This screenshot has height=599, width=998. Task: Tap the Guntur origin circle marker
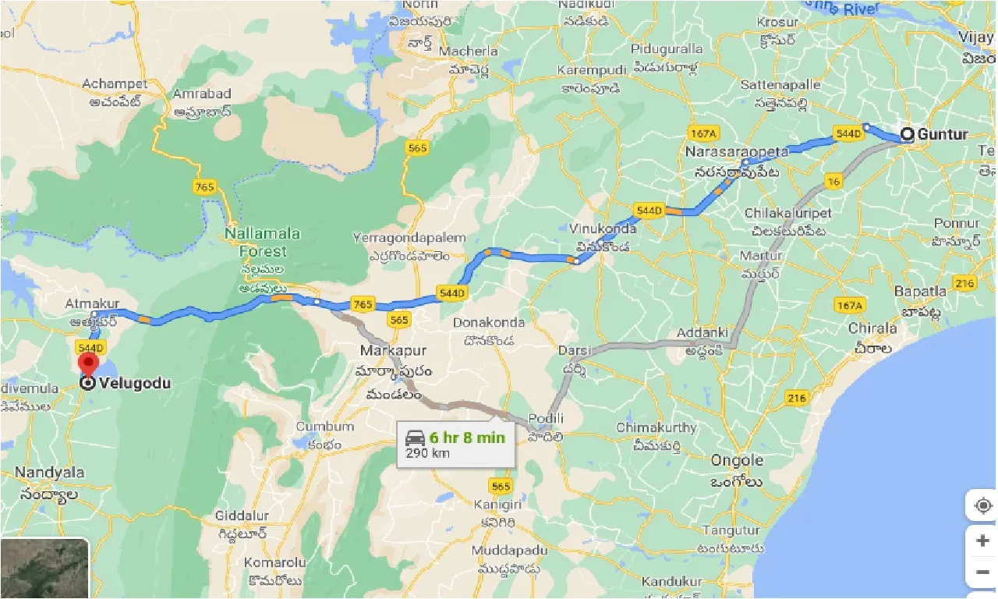coord(908,134)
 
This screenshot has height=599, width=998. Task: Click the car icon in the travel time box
coord(416,438)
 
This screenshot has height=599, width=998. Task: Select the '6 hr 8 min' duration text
coord(467,438)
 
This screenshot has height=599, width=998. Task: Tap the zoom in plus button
coord(982,541)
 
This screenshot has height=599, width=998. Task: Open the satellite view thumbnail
coord(44,569)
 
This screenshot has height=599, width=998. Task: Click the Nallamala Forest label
coord(256,243)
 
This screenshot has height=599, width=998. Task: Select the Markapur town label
coord(391,350)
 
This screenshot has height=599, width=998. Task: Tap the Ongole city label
coord(737,460)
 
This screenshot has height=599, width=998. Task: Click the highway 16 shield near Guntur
coord(834,183)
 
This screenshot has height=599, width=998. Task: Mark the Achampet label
coord(115,83)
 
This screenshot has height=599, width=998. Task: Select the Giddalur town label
coord(242,516)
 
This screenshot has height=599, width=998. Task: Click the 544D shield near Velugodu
coord(91,347)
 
